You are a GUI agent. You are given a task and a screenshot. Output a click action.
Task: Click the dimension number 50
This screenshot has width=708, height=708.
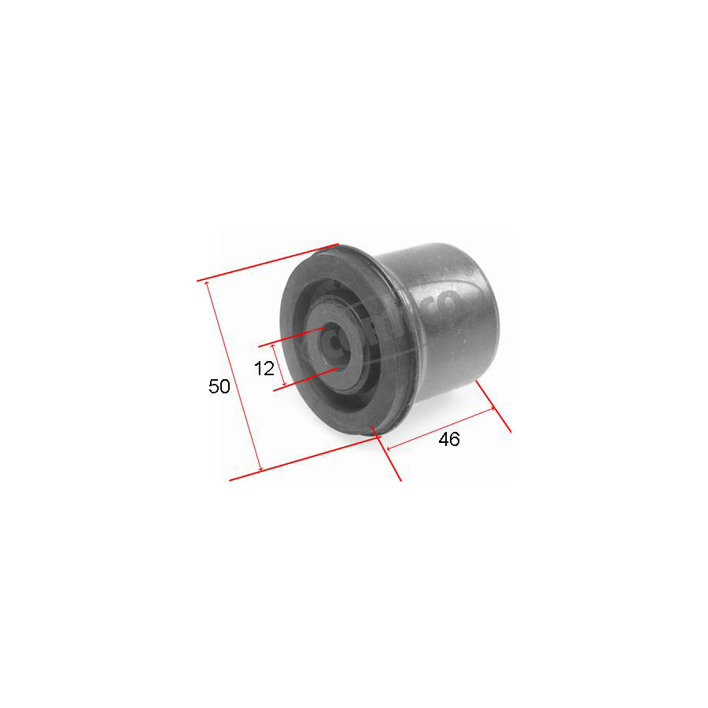(219, 386)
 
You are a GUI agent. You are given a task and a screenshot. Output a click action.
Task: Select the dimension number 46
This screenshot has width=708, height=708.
(448, 440)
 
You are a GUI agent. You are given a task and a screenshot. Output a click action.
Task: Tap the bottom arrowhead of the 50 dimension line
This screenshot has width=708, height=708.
(258, 470)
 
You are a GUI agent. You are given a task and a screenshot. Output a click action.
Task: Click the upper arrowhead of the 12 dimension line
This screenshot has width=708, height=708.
(274, 346)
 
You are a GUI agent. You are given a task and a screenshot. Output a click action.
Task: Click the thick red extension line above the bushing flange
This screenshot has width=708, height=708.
(267, 262)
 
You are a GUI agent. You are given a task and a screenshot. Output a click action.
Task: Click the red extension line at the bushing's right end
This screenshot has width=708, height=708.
(494, 406)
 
